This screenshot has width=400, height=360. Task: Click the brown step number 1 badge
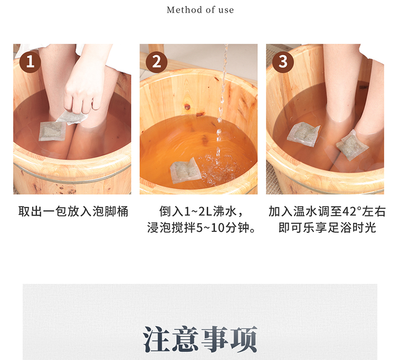tap(30, 62)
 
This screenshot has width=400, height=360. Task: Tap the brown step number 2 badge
tap(156, 62)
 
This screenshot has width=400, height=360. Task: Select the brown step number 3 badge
tap(283, 62)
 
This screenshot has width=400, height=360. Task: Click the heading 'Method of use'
tap(201, 10)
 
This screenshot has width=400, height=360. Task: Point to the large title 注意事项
tap(200, 339)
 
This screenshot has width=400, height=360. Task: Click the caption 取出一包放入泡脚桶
tap(73, 212)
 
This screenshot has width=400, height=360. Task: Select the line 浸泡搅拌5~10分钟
tap(197, 227)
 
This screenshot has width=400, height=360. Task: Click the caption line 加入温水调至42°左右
tap(327, 212)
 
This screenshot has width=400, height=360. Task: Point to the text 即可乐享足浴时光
tap(327, 227)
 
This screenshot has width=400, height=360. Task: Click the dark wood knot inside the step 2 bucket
tap(187, 106)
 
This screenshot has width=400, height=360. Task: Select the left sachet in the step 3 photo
tap(303, 134)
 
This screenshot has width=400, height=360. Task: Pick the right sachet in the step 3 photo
tap(352, 145)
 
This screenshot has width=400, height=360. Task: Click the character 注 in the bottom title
tap(156, 339)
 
